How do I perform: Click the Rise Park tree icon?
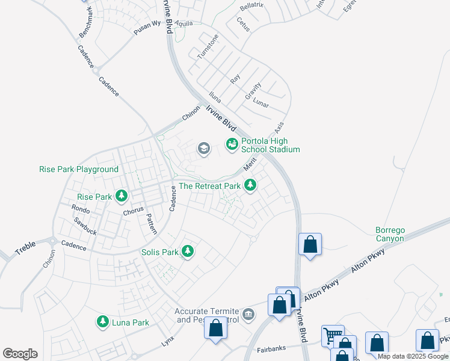coord(122,196)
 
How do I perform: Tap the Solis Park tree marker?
coord(188,251)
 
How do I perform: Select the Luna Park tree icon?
coord(103,322)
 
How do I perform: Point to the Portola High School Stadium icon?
coord(232,143)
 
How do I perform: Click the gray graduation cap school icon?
coord(203,149)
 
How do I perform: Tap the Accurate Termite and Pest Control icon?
coord(248,315)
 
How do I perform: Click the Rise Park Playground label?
coord(79,170)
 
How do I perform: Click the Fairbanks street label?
coord(270,348)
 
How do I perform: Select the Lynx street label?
coord(168,342)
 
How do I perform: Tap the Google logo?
coord(20,354)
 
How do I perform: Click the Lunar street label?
coord(260,102)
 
